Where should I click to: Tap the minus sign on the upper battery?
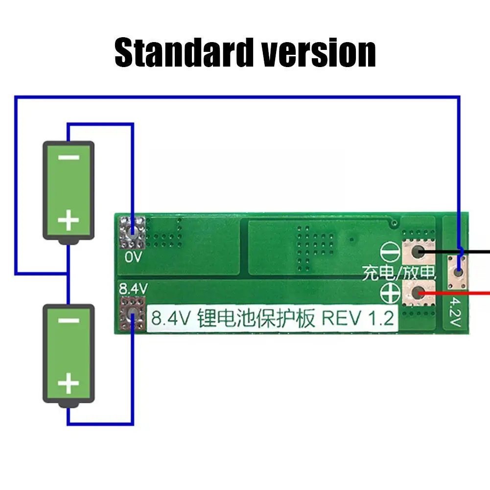pos(69,158)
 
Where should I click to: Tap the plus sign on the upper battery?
pos(69,221)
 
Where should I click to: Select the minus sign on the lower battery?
pos(69,321)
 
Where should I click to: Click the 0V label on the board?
pos(133,257)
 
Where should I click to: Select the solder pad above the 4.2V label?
pos(458,272)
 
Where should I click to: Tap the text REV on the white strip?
pos(338,319)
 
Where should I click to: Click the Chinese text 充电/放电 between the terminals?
pos(398,273)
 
